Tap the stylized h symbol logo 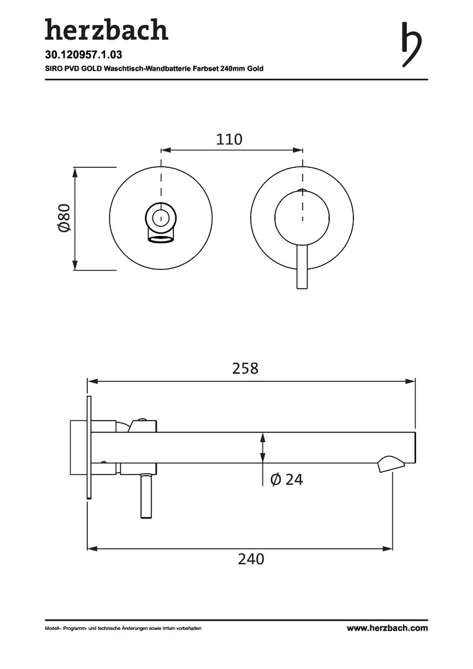412,45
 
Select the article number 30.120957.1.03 84,55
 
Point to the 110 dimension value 229,139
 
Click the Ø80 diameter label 64,218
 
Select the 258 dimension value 245,368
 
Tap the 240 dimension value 251,559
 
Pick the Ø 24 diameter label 287,479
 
